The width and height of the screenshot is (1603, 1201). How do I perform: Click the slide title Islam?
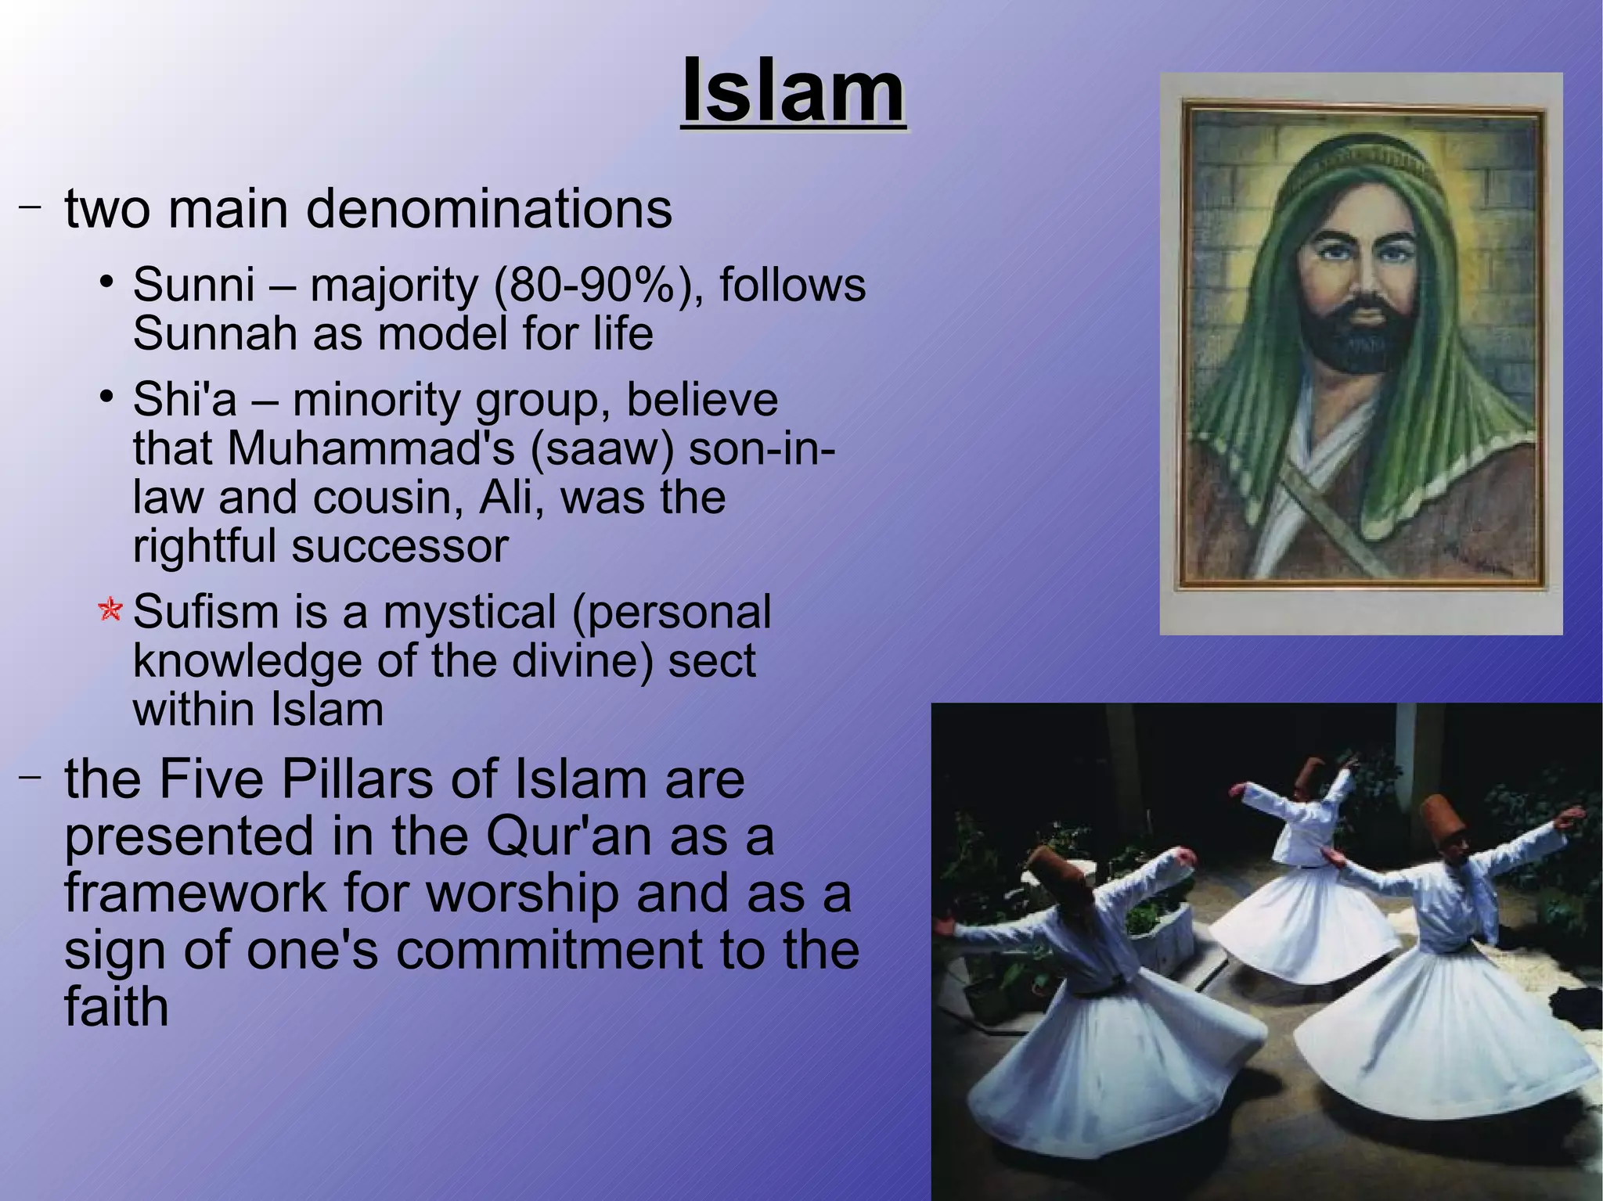[793, 92]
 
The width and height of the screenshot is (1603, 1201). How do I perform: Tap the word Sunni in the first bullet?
[194, 285]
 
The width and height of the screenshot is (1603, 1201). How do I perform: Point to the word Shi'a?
[185, 400]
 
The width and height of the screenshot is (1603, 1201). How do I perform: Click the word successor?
[400, 546]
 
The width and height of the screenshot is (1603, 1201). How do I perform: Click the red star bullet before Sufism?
[110, 610]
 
